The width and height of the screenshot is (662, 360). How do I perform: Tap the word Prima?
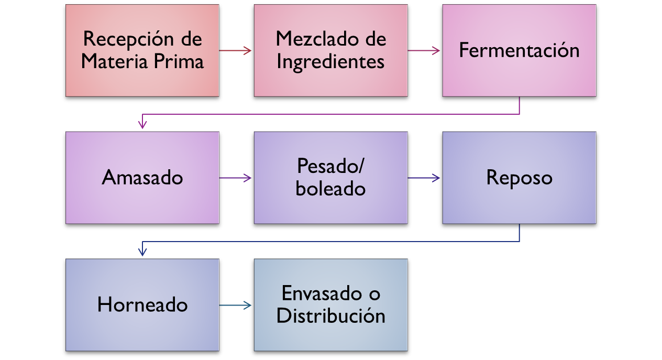[180, 62]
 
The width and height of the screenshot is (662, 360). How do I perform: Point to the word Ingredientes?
[330, 62]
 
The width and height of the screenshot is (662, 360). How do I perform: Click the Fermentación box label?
[519, 50]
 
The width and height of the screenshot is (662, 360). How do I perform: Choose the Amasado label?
[142, 178]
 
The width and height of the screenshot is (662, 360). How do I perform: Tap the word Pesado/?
[330, 166]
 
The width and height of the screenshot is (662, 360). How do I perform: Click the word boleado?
[330, 189]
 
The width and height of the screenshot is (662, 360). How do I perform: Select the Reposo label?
[519, 178]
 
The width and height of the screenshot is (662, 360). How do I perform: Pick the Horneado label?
[142, 305]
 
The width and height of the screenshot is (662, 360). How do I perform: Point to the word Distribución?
[330, 316]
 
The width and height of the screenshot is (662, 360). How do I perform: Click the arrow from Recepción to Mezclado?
[236, 50]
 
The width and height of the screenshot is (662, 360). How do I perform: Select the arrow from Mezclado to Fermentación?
[424, 50]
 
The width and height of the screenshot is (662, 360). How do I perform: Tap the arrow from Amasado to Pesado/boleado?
[236, 178]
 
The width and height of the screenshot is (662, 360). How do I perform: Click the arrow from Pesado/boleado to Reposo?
[424, 178]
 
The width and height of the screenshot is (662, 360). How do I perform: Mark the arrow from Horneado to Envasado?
[236, 305]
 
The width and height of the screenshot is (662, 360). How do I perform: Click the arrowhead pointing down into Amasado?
[142, 125]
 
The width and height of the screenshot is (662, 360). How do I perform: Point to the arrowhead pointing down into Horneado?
[142, 252]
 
